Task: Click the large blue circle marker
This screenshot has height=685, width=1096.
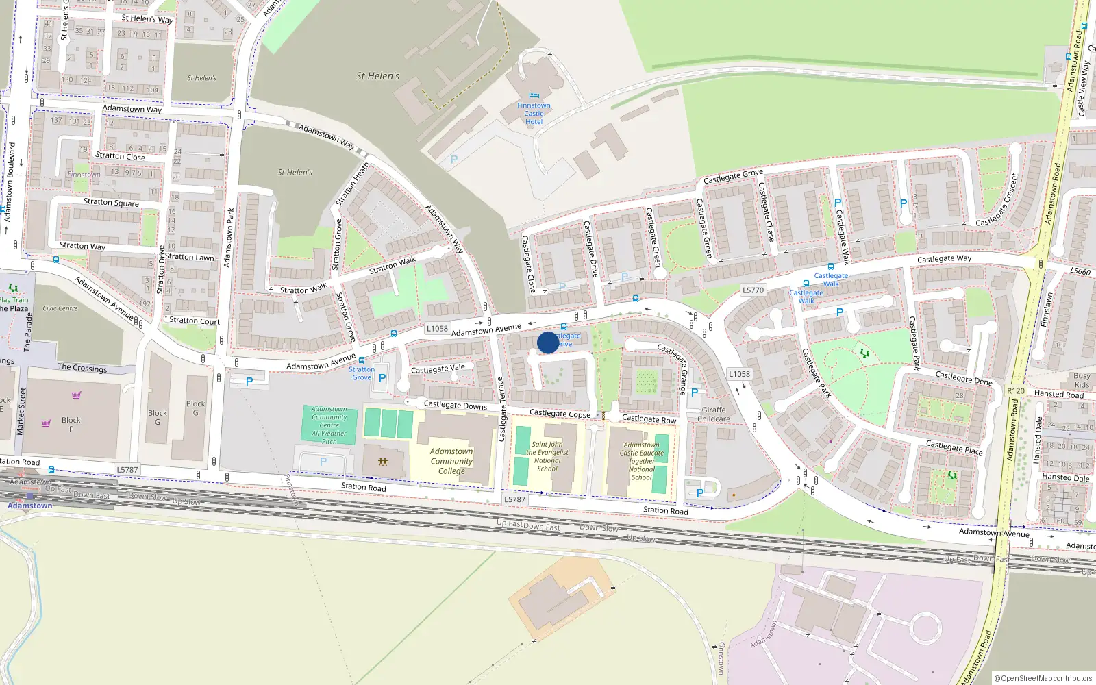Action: (x=548, y=342)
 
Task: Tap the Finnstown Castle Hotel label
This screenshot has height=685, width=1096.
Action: (x=534, y=114)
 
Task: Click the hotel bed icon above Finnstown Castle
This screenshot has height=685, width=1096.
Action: (x=534, y=95)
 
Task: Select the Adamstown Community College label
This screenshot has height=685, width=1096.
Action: (x=451, y=461)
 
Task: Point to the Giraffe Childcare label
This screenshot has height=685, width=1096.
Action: (x=714, y=414)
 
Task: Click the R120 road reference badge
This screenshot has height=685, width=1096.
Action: (x=1016, y=391)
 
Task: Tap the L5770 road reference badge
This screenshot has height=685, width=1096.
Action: (x=753, y=290)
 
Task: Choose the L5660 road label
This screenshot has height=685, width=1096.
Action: (x=1080, y=272)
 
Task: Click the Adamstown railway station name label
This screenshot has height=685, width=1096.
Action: (x=29, y=506)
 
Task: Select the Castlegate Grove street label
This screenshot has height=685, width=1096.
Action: (x=733, y=177)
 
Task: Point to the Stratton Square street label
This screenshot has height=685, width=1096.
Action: (x=111, y=202)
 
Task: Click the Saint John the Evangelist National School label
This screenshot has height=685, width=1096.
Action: (x=547, y=456)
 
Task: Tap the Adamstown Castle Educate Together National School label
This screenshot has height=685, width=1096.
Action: (x=642, y=461)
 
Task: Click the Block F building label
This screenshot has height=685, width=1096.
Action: (x=71, y=424)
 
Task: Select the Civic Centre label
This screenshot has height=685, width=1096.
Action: (x=60, y=308)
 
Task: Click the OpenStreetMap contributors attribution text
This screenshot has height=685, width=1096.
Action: (x=1043, y=678)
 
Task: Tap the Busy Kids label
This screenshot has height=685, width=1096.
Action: (x=1082, y=380)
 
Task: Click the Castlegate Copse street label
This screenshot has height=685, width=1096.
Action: (x=560, y=414)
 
